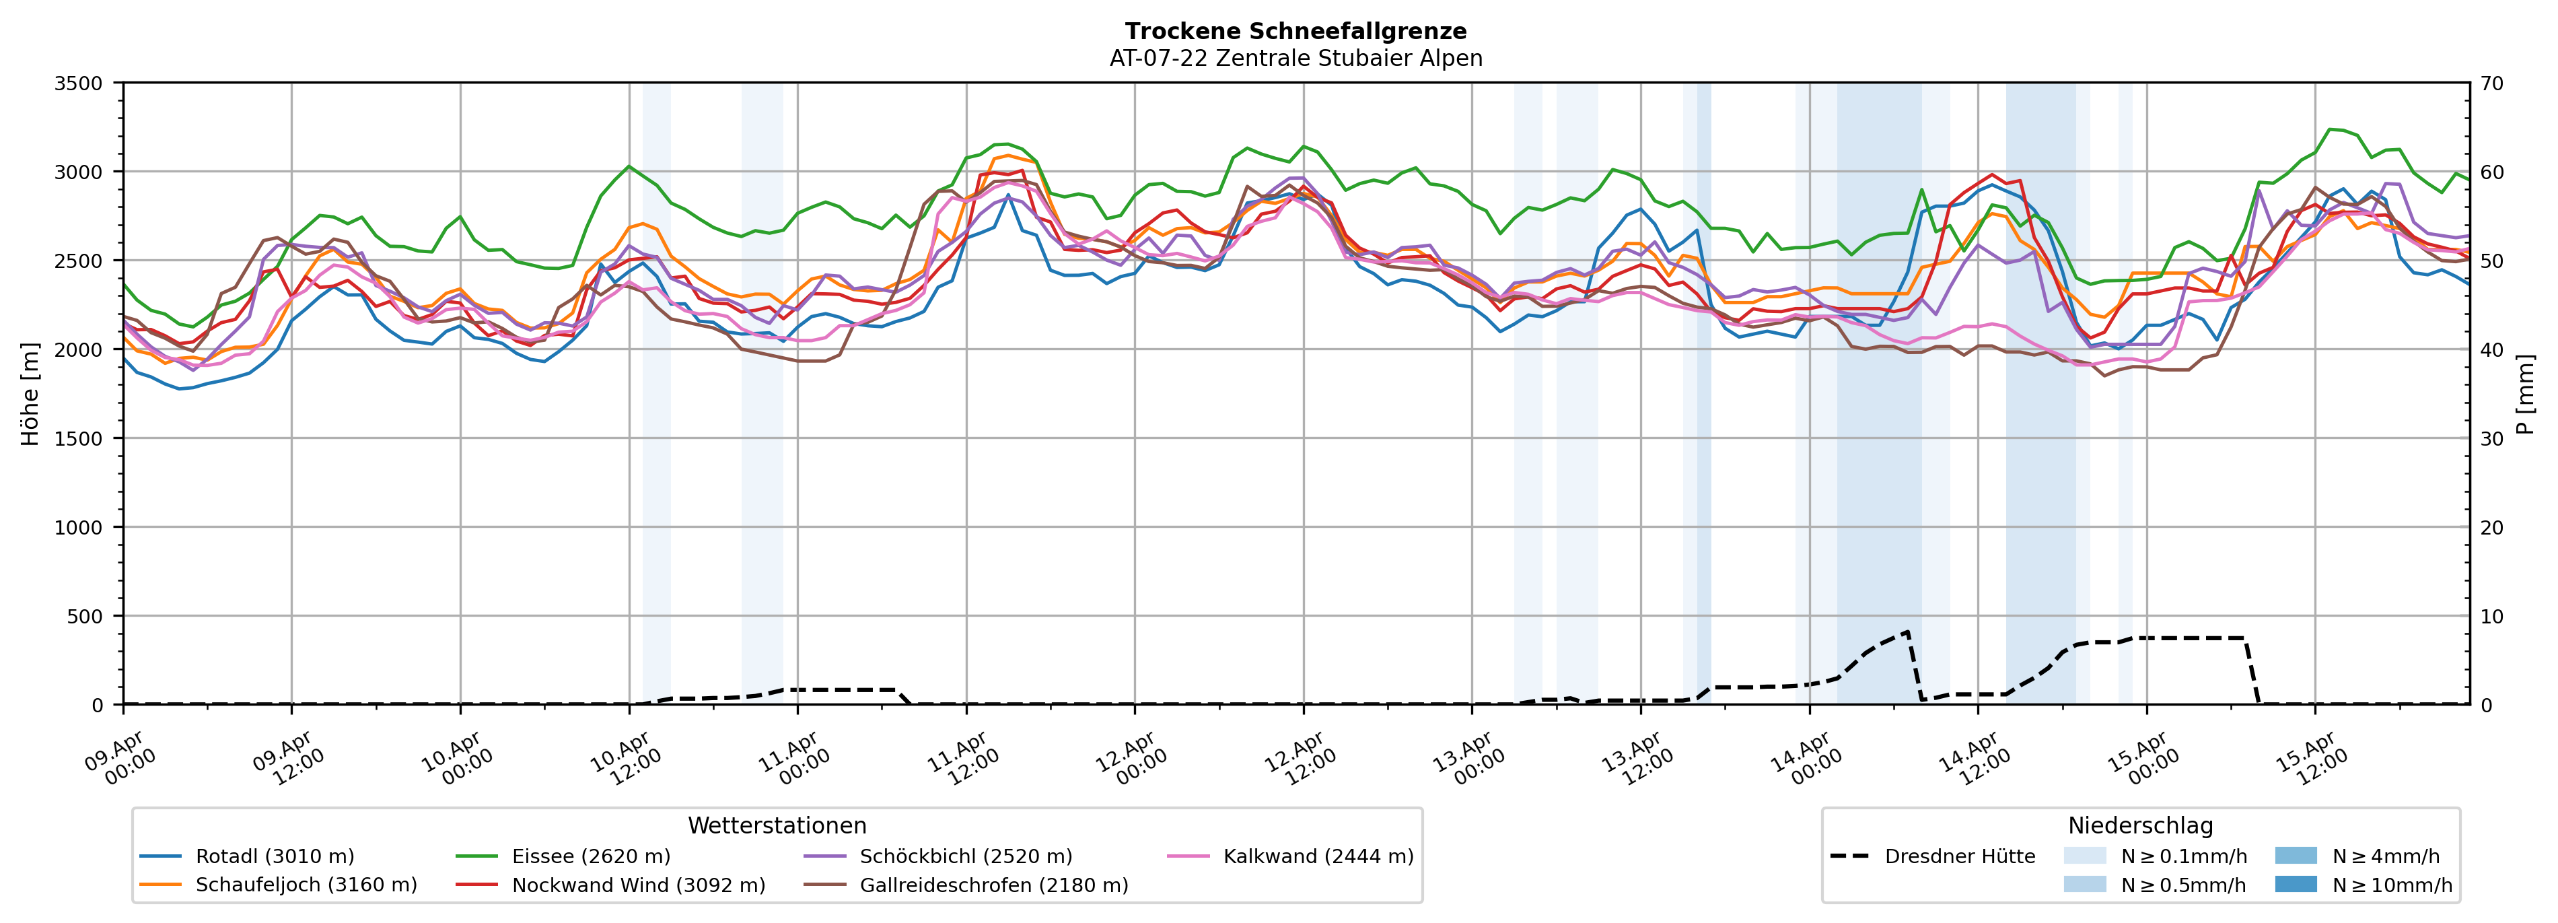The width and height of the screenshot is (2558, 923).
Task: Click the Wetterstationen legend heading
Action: (x=777, y=825)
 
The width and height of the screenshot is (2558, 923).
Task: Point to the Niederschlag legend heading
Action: (x=2140, y=825)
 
